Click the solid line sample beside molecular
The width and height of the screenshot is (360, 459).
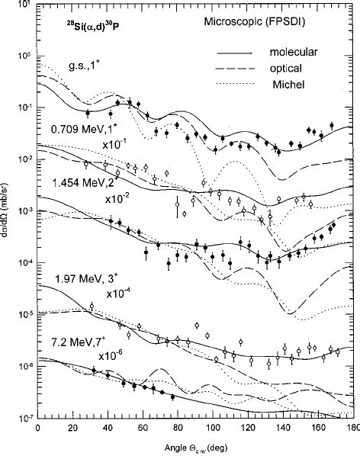pyautogui.click(x=235, y=53)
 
